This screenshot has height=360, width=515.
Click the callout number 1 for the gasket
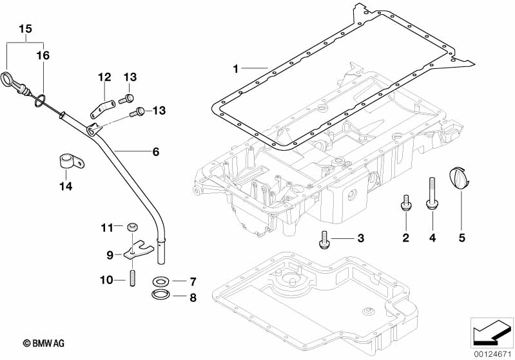236,68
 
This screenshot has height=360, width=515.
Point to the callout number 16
43,56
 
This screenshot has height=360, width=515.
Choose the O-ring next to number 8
160,296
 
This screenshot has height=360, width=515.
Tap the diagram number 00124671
492,353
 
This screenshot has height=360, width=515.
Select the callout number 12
104,77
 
